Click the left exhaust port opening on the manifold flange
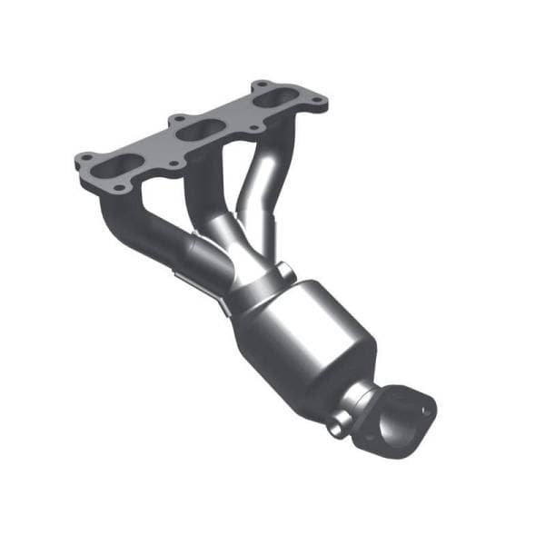point(118,167)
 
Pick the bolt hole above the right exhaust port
point(257,84)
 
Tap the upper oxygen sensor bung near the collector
point(284,271)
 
